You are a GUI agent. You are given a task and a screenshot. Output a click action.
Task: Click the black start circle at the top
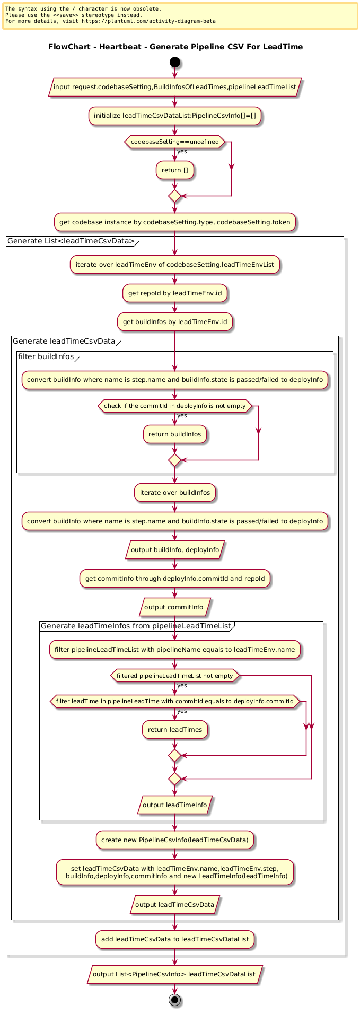click(x=175, y=63)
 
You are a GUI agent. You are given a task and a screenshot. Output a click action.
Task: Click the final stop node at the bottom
click(x=175, y=1000)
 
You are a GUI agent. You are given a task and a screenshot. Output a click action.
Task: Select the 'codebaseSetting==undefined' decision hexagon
click(x=175, y=142)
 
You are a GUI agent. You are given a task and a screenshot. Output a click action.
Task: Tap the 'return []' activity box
click(x=175, y=170)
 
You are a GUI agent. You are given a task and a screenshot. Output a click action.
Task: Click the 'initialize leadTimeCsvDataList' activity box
click(x=175, y=115)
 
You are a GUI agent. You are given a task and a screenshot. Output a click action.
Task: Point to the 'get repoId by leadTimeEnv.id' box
click(x=175, y=293)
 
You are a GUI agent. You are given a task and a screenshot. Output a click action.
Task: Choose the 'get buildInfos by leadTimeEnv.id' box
click(x=175, y=321)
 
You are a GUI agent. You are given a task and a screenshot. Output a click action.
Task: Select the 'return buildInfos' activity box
click(x=175, y=434)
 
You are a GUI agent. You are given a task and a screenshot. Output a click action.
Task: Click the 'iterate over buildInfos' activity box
click(x=175, y=492)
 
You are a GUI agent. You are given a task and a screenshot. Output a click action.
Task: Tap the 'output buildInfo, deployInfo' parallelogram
click(x=175, y=550)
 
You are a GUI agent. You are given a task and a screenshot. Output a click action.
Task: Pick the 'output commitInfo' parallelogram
click(x=175, y=607)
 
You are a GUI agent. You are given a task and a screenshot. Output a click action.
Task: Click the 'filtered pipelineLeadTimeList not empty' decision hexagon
click(x=175, y=676)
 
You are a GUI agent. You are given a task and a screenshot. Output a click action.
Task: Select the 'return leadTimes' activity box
click(x=175, y=729)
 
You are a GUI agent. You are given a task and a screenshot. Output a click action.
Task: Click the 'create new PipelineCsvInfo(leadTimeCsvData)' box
click(x=175, y=840)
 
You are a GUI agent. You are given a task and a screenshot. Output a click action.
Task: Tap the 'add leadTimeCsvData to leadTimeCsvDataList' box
click(x=175, y=939)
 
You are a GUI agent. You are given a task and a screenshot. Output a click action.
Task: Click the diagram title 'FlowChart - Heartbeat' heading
click(x=175, y=47)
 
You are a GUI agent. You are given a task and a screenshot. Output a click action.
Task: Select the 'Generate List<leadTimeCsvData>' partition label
click(x=71, y=241)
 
